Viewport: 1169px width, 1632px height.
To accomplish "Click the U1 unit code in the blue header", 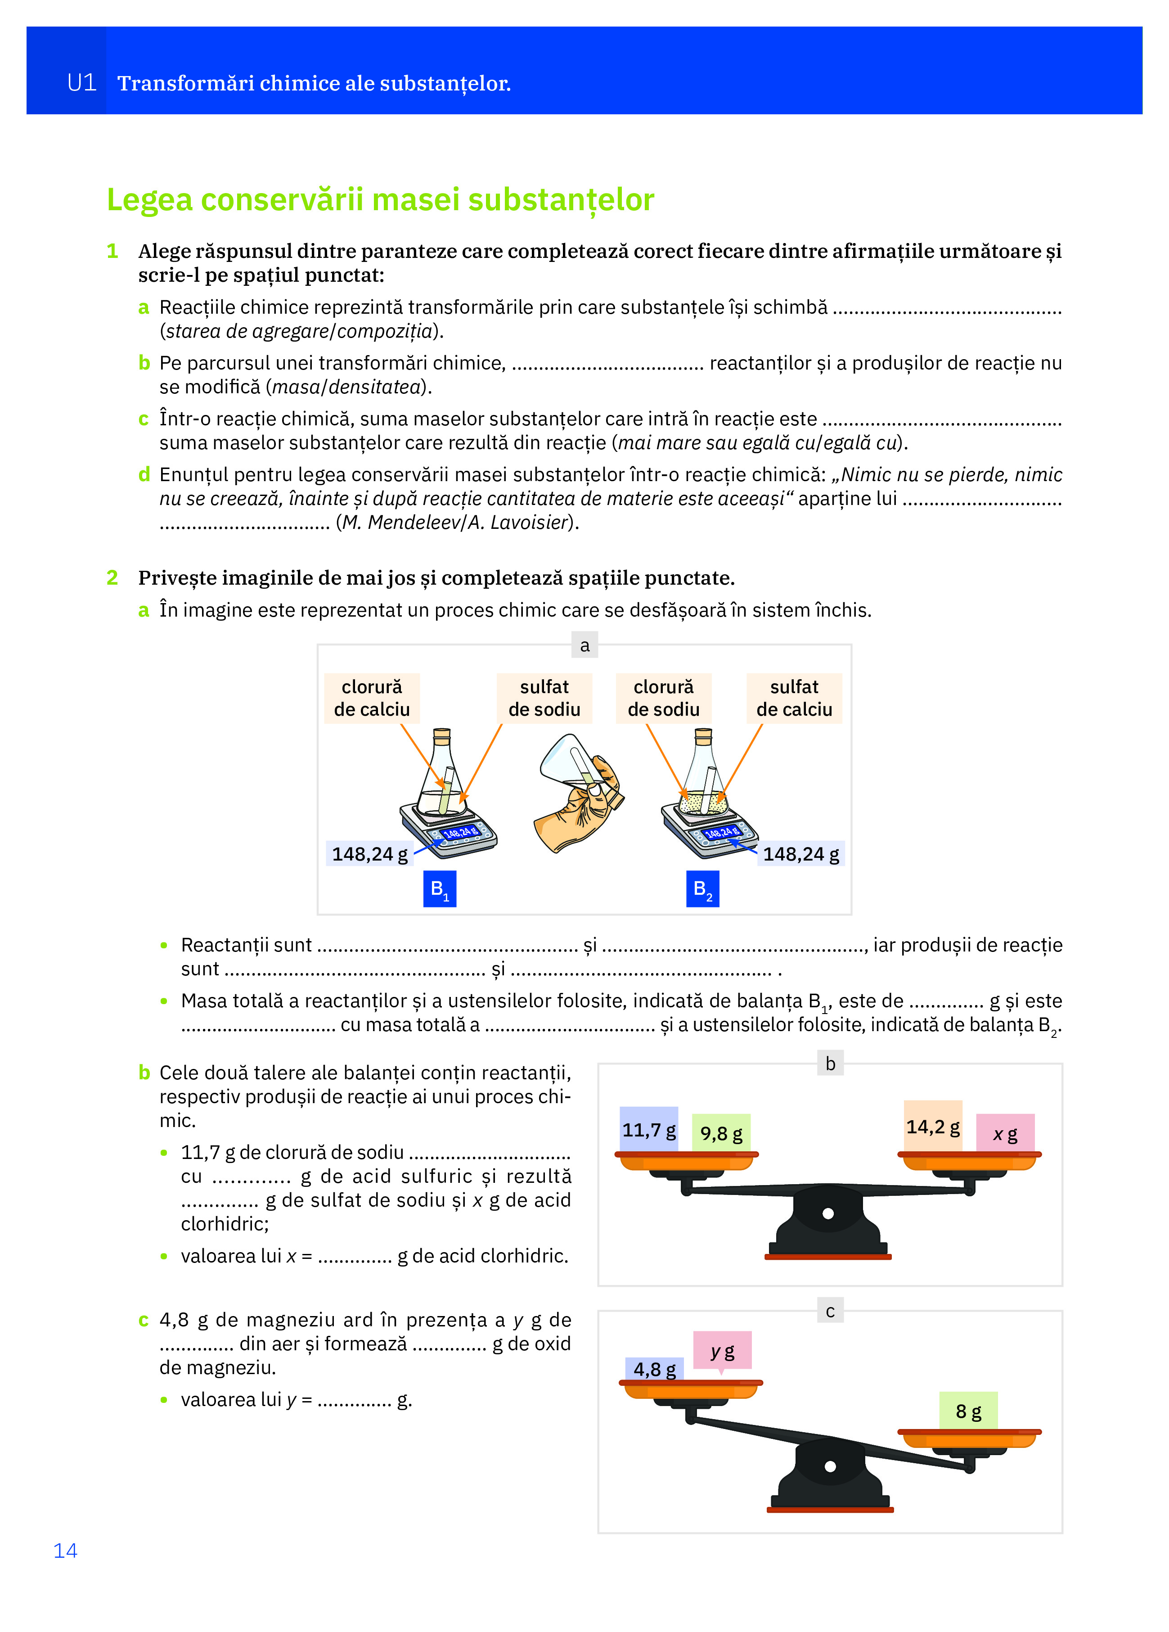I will coord(81,83).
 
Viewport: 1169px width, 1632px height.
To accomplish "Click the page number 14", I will coord(65,1550).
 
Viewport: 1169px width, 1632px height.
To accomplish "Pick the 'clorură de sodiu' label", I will coord(663,698).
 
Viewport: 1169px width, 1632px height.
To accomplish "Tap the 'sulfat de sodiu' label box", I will coord(544,698).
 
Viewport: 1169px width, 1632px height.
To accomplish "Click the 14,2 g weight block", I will coord(932,1126).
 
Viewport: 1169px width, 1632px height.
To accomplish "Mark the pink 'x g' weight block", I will coord(1005,1133).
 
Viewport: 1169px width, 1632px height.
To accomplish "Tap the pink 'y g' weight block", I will coord(722,1351).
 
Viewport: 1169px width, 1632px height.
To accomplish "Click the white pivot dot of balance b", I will coord(828,1213).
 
